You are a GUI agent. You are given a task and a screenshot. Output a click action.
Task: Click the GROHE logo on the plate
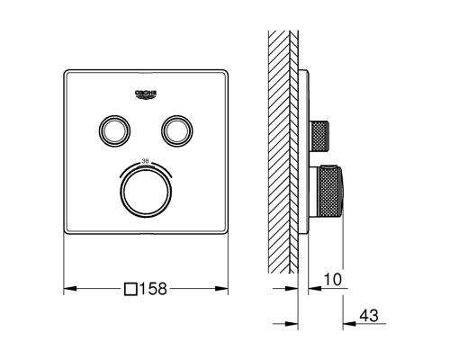coord(146,94)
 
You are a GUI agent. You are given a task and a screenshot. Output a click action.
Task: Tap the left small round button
coord(114,131)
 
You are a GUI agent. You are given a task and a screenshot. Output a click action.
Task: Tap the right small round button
coord(177,131)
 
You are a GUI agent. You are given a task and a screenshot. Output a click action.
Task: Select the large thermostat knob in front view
coord(146,192)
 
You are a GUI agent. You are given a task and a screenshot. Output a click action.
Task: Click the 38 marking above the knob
coord(145,161)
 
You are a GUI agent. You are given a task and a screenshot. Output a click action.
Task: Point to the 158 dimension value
coord(153,289)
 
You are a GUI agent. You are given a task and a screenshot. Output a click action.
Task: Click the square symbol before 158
coord(130,289)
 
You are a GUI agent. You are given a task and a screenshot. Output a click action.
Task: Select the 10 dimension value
coord(332,280)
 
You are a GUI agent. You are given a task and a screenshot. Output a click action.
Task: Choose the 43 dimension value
coord(369,315)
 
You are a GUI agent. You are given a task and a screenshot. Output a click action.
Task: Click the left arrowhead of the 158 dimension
coord(70,289)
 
